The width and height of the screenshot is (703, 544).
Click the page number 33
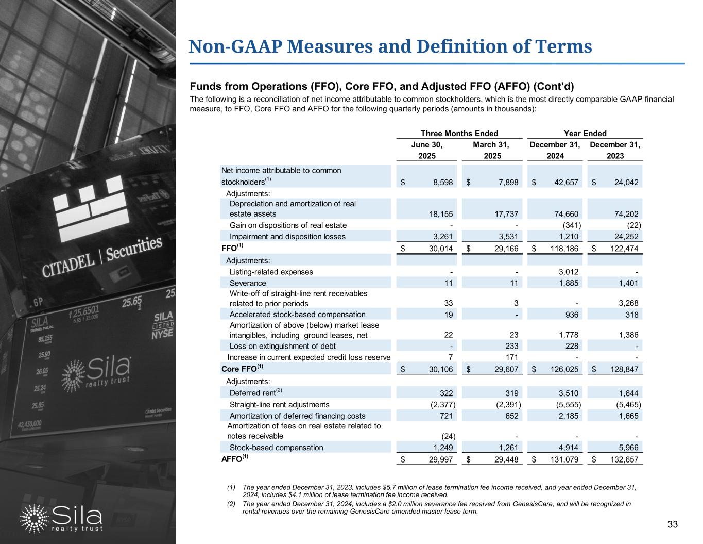tap(672, 525)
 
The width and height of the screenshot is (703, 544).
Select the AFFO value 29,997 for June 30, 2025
tap(442, 459)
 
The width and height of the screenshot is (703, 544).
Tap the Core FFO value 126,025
tap(565, 370)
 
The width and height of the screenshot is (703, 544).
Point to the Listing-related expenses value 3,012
tap(570, 272)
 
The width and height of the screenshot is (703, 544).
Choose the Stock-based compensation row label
tap(276, 448)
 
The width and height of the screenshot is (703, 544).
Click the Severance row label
tap(248, 283)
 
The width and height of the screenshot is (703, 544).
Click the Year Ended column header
tap(585, 133)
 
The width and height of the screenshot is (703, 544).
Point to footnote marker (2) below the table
tap(231, 504)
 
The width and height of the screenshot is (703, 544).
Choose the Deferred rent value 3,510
tap(570, 393)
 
